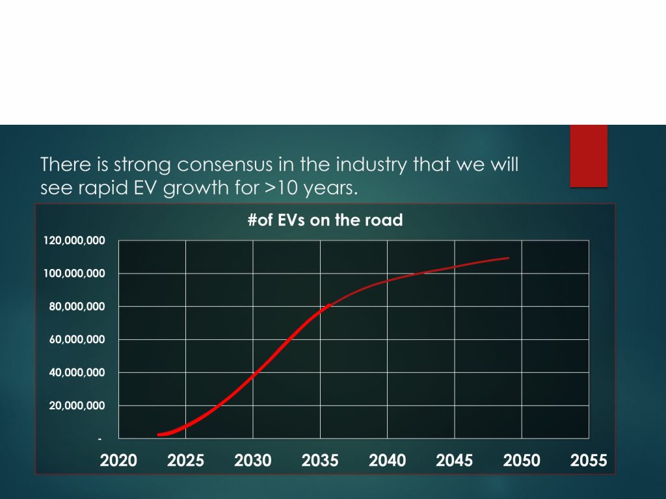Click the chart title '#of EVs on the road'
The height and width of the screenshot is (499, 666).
click(325, 220)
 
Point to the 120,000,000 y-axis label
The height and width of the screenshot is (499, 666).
click(74, 240)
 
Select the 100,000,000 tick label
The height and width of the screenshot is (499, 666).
click(74, 274)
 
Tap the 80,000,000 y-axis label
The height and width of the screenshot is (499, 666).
click(77, 307)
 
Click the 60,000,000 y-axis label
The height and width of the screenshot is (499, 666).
click(77, 339)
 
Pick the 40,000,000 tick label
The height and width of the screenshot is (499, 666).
click(77, 372)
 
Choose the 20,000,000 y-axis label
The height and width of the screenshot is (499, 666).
click(77, 405)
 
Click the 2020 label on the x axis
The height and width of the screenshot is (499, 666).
click(118, 461)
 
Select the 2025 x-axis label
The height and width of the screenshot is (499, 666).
click(185, 461)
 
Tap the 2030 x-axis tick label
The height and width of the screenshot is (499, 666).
click(253, 461)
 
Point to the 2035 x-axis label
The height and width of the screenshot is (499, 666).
click(320, 461)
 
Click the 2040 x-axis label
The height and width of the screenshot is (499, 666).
click(388, 461)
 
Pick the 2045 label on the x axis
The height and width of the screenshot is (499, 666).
click(455, 461)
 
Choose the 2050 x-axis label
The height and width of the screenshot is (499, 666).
click(522, 461)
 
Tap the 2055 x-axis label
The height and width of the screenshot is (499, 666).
click(589, 461)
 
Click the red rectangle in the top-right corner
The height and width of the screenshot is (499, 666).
click(589, 156)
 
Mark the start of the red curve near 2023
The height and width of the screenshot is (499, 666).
click(159, 435)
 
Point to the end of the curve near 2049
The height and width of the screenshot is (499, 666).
click(508, 258)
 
